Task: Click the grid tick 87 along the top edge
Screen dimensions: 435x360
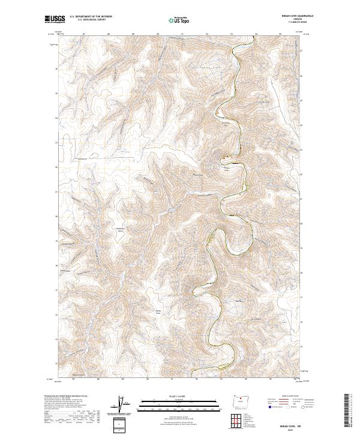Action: pos(83,34)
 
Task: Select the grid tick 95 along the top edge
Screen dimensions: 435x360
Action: pos(281,34)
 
